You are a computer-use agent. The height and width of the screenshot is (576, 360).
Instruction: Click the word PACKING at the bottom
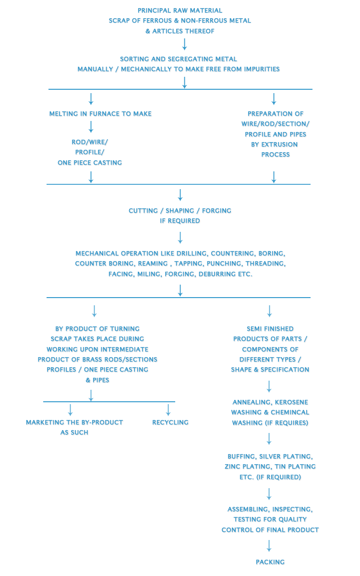[x=270, y=562]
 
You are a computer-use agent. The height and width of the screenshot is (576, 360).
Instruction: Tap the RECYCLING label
[x=170, y=422]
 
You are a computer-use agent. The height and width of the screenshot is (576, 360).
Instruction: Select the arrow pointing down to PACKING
[x=269, y=546]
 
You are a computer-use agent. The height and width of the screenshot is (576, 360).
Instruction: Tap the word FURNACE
[x=101, y=114]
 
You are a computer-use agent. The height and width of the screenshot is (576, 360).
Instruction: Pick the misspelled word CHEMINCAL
[x=290, y=412]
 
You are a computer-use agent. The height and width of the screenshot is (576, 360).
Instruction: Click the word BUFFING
[x=242, y=456]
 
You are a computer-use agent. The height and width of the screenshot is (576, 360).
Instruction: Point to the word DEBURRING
[x=218, y=274]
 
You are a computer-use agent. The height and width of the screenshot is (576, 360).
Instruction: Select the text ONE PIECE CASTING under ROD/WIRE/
[x=90, y=163]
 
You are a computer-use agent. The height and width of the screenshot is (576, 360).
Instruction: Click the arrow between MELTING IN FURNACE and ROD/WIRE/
[x=91, y=127]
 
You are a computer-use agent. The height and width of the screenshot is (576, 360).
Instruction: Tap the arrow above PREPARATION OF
[x=274, y=99]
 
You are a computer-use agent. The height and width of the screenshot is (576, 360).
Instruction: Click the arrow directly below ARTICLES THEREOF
[x=184, y=44]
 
